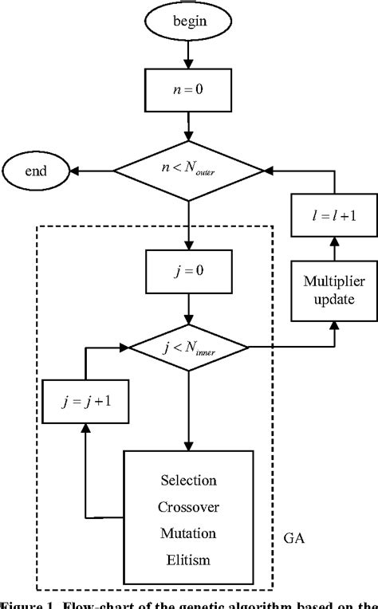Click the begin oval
189,21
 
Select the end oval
34,170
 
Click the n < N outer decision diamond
189,170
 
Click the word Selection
189,481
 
